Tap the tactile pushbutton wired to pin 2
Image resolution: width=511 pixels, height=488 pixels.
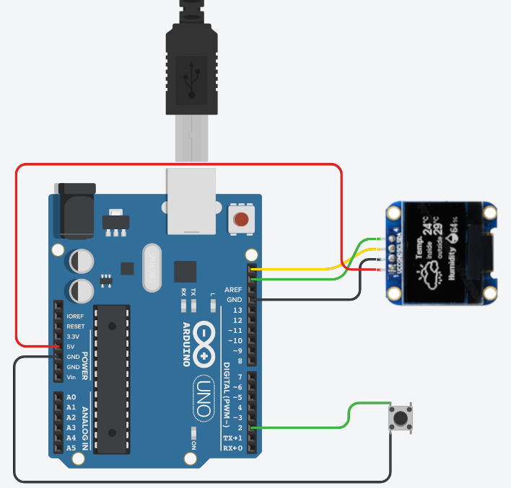coord(399,417)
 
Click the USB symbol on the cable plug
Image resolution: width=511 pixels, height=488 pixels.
coord(191,79)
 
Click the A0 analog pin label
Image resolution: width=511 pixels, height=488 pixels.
coord(71,397)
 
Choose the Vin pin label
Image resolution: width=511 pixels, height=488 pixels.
coord(72,377)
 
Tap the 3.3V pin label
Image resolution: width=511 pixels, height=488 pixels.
coord(73,337)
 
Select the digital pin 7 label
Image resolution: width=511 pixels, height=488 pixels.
coord(239,377)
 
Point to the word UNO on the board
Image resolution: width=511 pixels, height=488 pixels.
coord(204,397)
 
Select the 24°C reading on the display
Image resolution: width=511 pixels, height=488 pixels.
coord(432,229)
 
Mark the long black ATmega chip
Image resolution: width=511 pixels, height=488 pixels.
coord(112,378)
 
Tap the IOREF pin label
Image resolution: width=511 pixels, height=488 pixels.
coord(75,316)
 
